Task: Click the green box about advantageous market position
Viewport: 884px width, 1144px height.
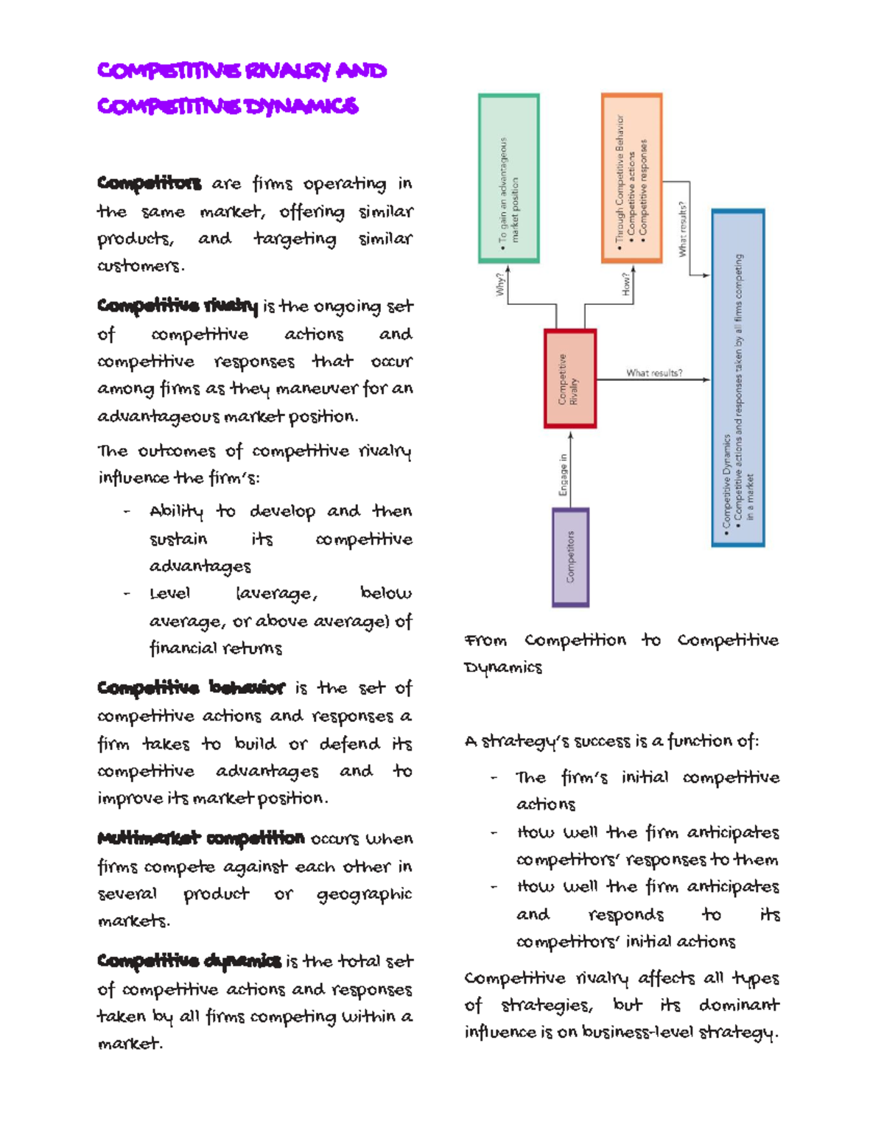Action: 508,178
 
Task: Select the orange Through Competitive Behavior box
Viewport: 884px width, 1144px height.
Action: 631,178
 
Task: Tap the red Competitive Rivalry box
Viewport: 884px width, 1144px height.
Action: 569,379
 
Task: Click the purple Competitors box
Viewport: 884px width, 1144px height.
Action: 570,557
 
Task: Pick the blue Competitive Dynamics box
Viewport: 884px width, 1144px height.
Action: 737,378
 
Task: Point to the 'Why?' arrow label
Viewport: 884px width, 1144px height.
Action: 500,284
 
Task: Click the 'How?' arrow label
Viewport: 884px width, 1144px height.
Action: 626,284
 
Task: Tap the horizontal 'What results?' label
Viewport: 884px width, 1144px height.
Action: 654,373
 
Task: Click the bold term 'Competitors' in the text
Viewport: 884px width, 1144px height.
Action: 149,183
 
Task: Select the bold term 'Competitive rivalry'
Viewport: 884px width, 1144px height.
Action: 178,306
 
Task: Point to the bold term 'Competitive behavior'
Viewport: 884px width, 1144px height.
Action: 191,688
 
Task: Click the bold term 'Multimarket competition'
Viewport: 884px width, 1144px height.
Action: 200,838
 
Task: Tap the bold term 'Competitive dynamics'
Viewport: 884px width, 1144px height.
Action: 189,961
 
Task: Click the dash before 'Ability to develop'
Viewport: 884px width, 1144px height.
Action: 127,511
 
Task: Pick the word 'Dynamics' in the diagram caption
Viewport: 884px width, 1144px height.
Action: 503,667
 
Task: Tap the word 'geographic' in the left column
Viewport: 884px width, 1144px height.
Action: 364,894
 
